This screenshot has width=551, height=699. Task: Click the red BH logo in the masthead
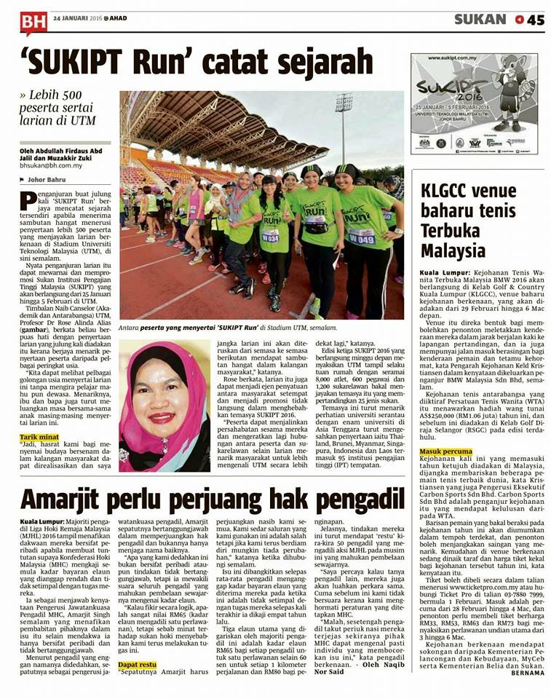pyautogui.click(x=33, y=21)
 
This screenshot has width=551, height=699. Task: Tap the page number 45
pyautogui.click(x=535, y=20)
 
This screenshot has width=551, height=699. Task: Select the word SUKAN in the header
pyautogui.click(x=480, y=20)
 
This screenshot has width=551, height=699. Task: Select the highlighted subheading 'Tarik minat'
pyautogui.click(x=40, y=417)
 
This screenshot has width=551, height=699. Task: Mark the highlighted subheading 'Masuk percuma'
pyautogui.click(x=445, y=451)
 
